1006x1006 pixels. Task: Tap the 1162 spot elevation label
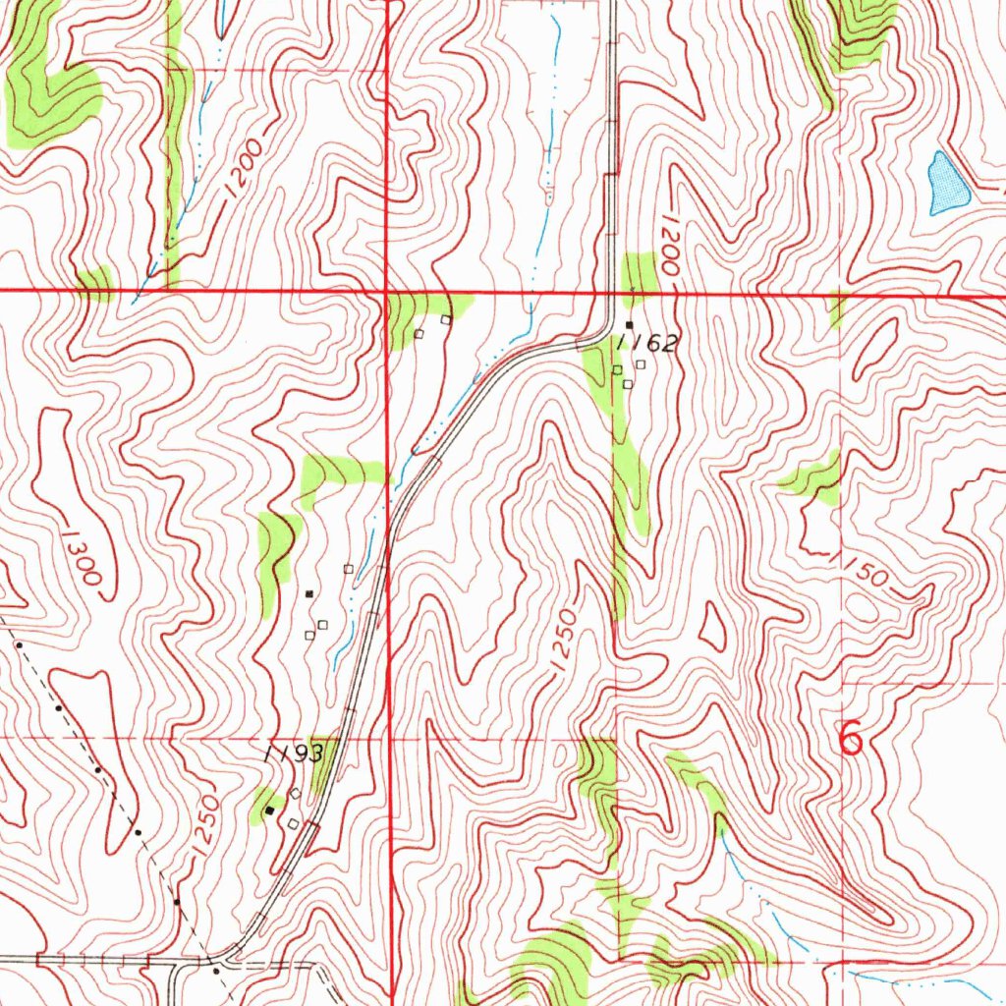(x=647, y=343)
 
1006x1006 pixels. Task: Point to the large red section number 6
(x=851, y=738)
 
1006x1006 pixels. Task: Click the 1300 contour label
(x=80, y=558)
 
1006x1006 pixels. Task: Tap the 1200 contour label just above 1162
(x=671, y=245)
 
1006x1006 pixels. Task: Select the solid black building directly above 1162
(x=629, y=324)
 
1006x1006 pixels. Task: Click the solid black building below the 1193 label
(x=269, y=811)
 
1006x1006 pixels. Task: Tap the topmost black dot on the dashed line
(x=19, y=645)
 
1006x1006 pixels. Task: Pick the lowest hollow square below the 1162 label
(x=627, y=383)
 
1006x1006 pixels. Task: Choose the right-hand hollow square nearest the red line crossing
(x=445, y=319)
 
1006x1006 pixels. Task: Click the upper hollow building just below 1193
(x=294, y=793)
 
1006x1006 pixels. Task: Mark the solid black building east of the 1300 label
(x=309, y=593)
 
